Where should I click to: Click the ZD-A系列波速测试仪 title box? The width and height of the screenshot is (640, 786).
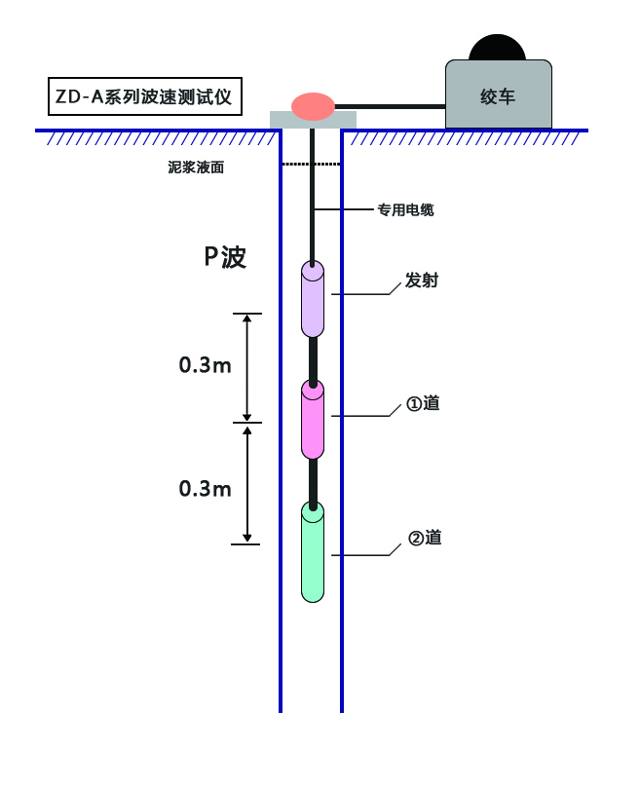tap(143, 96)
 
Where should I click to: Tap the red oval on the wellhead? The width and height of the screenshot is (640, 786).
tap(313, 106)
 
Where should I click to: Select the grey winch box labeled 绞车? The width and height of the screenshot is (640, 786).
tap(498, 94)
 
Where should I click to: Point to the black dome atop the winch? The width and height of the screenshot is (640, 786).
tap(498, 48)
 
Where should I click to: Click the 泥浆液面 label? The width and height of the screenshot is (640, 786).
tap(196, 168)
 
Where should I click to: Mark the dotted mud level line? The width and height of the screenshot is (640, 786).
tap(312, 164)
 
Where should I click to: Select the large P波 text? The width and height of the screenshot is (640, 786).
tap(225, 257)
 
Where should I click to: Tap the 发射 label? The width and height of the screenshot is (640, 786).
tap(422, 281)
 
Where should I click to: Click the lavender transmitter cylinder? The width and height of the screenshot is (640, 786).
tap(312, 301)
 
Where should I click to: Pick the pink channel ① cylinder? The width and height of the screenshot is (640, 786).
tap(312, 421)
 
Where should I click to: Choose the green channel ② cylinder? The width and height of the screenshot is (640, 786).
tap(312, 553)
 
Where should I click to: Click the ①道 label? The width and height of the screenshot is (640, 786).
tap(423, 402)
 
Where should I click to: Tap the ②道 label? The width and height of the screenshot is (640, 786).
tap(425, 538)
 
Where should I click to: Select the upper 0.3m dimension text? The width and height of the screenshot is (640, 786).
tap(205, 365)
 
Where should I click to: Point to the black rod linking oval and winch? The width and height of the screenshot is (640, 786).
tap(390, 106)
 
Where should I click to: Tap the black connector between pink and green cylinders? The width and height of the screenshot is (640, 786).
tap(313, 481)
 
